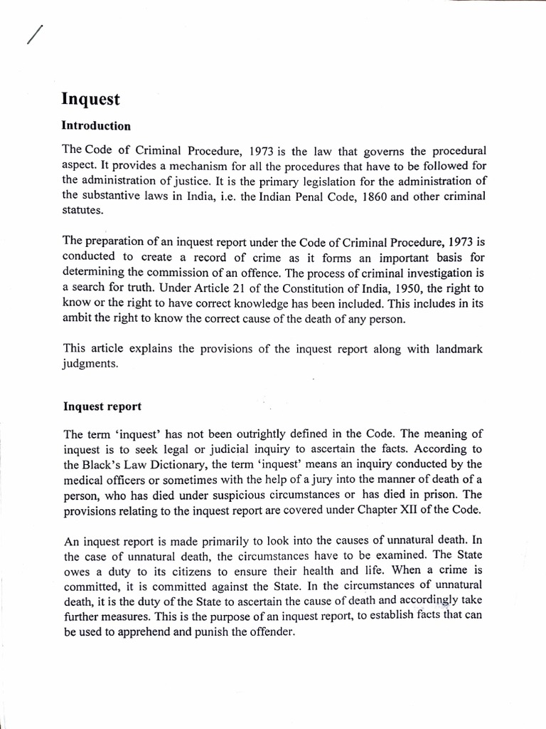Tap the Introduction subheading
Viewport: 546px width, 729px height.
[97, 126]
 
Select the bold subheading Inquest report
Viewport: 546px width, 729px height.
[102, 407]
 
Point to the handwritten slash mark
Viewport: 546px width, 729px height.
[34, 33]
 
